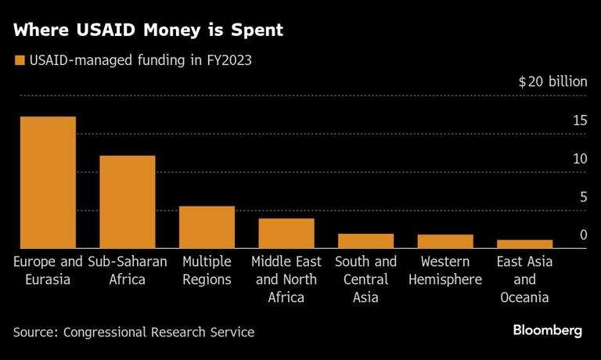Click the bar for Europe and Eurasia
(48, 182)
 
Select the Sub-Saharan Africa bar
(127, 202)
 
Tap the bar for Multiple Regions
(207, 227)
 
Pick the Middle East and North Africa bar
(286, 233)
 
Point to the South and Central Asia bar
(365, 241)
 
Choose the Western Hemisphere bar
(444, 241)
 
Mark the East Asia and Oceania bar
(524, 244)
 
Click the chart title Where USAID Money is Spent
(148, 31)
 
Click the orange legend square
(19, 60)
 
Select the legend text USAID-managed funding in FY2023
(140, 60)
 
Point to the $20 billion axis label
(552, 83)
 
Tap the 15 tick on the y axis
(579, 121)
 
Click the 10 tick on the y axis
(579, 159)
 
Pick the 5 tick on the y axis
(582, 197)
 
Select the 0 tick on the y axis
(583, 235)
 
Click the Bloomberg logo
(547, 331)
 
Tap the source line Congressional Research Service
(133, 332)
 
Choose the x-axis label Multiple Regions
(207, 271)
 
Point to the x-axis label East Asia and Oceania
(525, 279)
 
